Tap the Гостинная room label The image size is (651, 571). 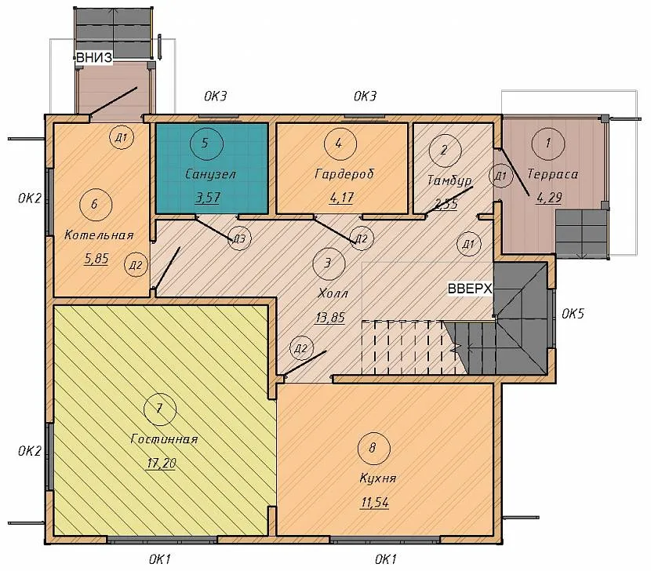(x=164, y=439)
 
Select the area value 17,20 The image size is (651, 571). (x=162, y=463)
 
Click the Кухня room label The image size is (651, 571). (x=378, y=478)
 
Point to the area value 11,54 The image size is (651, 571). (x=374, y=503)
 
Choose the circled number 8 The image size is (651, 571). (x=373, y=448)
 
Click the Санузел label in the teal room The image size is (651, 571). (x=210, y=173)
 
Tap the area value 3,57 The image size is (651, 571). (x=208, y=197)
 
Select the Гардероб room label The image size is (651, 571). (x=344, y=173)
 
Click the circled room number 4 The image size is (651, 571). (x=340, y=144)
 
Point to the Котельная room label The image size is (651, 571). (x=99, y=235)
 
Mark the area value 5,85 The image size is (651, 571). (x=96, y=259)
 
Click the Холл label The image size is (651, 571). (x=333, y=293)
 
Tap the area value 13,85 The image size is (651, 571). (x=330, y=318)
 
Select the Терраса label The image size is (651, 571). (x=553, y=173)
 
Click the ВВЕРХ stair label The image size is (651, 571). (x=470, y=288)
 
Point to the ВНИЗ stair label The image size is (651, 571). (x=94, y=58)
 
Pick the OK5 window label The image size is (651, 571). (x=573, y=314)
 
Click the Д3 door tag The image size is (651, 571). (x=239, y=238)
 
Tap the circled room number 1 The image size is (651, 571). (x=548, y=144)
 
